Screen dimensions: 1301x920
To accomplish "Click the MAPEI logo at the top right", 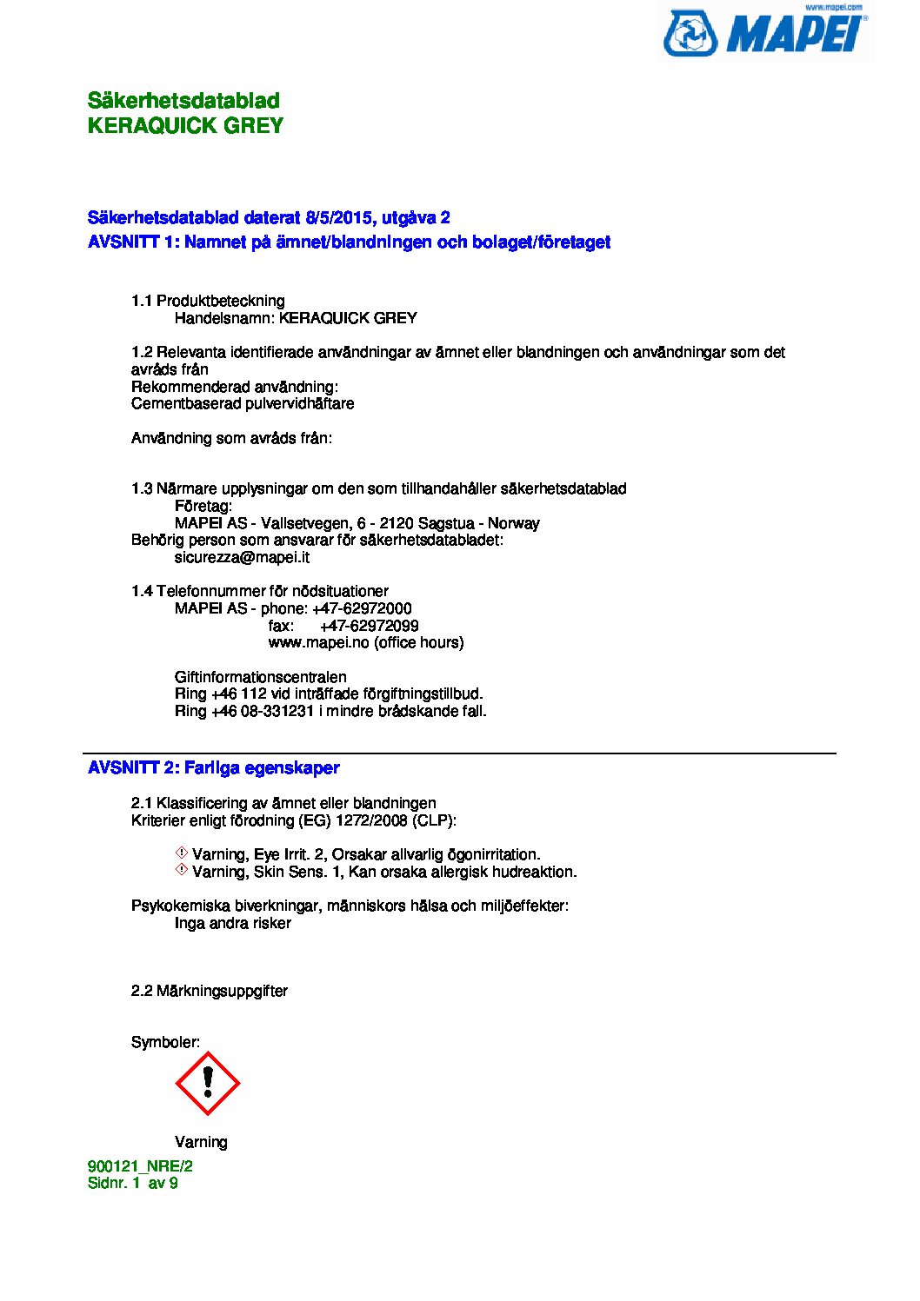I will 766,33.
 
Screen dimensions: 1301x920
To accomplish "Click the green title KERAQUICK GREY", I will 185,126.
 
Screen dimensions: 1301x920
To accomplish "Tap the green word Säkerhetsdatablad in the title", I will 183,101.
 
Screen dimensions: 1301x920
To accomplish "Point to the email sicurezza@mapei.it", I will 242,557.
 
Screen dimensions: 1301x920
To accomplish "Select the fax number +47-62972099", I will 369,626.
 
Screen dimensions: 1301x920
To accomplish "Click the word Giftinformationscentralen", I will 260,677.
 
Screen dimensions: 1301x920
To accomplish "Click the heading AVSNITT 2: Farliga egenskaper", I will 213,768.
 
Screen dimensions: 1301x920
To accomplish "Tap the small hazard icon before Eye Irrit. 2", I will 182,853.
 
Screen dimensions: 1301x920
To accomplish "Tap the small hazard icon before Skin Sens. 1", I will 182,870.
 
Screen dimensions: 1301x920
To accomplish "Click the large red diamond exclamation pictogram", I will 208,1084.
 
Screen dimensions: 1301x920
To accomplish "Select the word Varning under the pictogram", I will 201,1142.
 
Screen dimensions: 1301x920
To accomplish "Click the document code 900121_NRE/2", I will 140,1166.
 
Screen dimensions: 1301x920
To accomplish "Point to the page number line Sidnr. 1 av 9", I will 132,1183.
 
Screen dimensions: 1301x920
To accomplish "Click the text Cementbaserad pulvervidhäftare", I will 243,403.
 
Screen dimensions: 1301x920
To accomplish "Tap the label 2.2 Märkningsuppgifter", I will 209,991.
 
